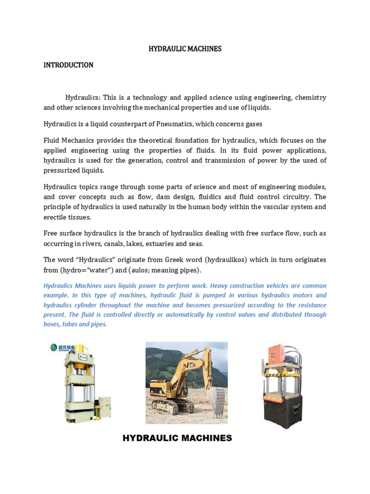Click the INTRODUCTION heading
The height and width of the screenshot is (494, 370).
[x=68, y=65]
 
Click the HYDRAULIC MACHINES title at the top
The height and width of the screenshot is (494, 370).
[x=184, y=49]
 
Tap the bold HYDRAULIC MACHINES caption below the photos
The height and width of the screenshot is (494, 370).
[x=177, y=438]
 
